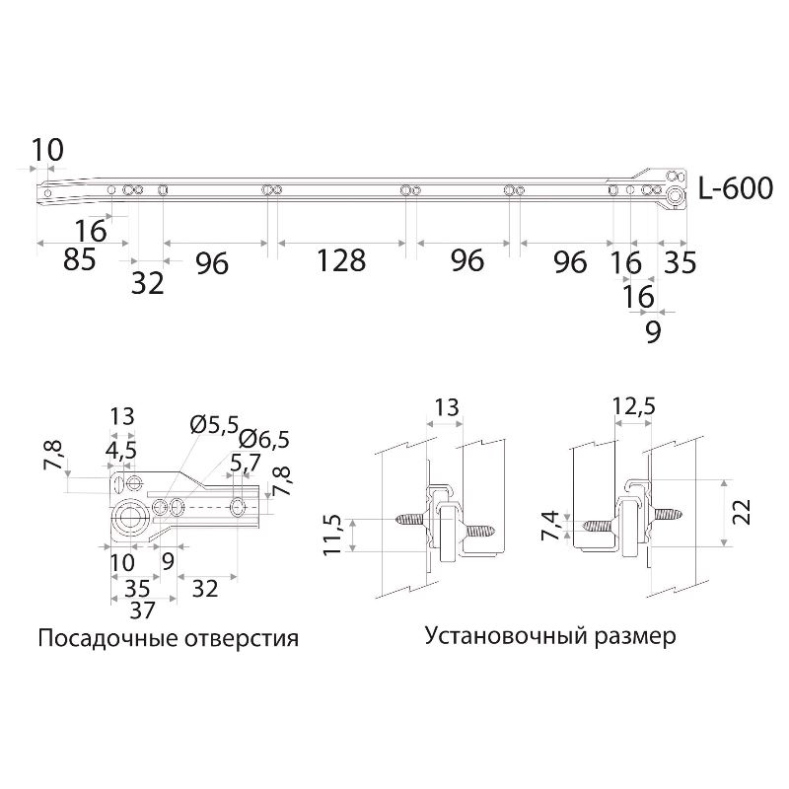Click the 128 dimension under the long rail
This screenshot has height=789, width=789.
[340, 260]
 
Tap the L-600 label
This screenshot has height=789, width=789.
[735, 188]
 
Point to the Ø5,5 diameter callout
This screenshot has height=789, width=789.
[214, 425]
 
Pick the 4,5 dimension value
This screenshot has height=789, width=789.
[121, 450]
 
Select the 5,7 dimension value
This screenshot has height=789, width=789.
[245, 462]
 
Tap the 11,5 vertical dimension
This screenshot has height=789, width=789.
[333, 534]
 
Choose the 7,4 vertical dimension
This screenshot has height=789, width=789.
[553, 526]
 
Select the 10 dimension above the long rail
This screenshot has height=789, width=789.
[46, 150]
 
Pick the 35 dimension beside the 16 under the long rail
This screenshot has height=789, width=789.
[680, 261]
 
